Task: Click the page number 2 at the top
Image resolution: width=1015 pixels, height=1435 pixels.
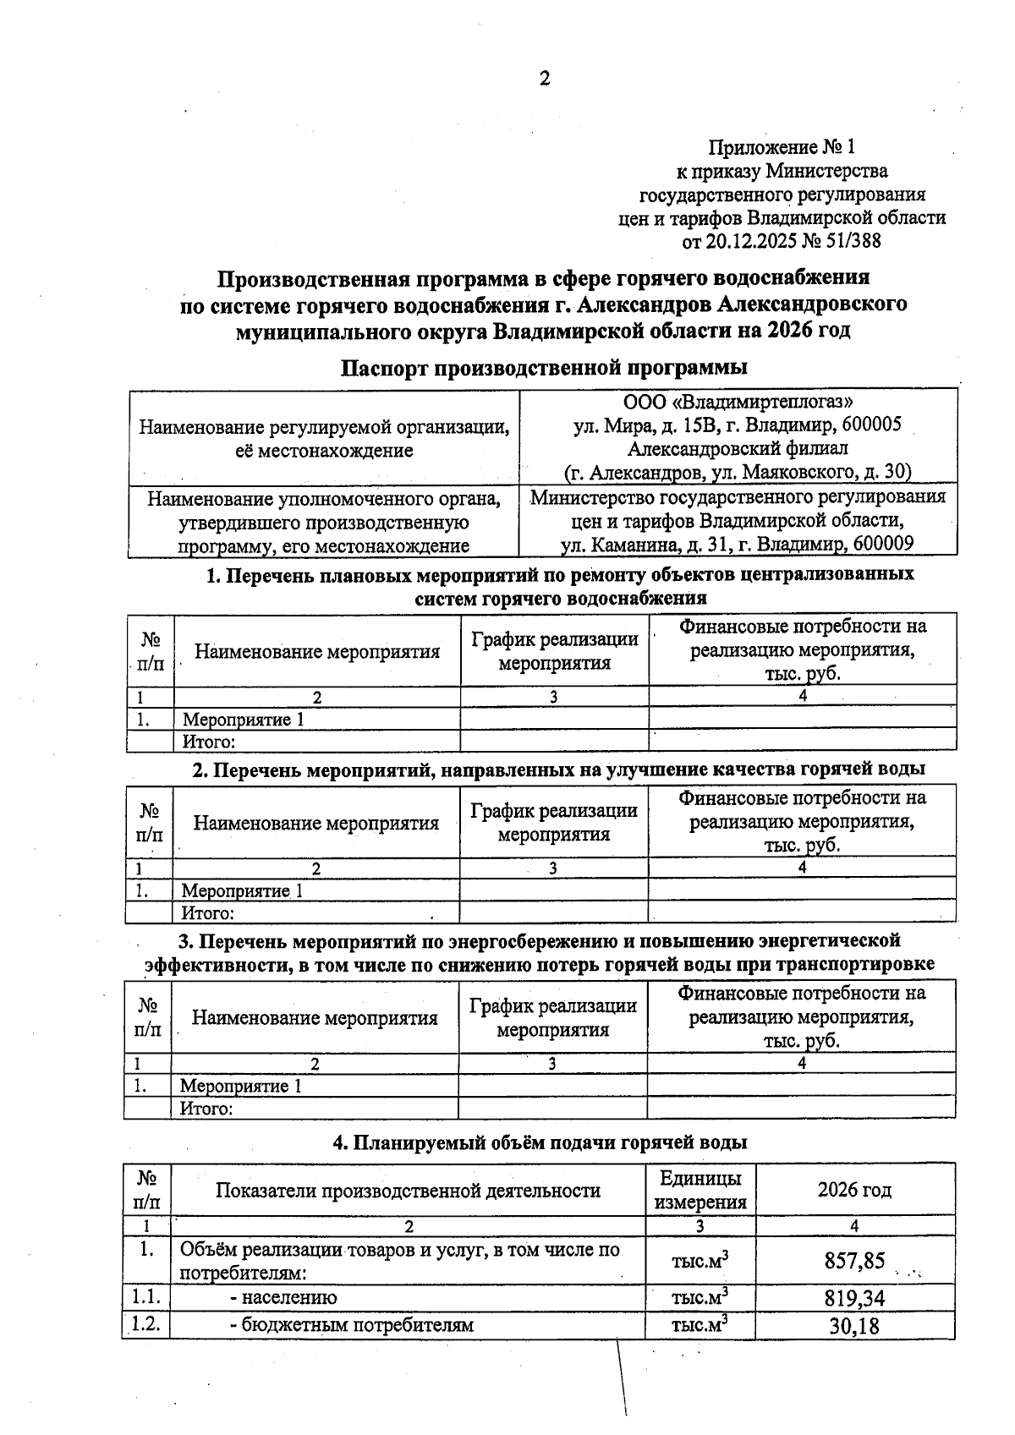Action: click(544, 79)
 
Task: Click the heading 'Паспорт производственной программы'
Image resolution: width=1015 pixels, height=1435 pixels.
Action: click(544, 368)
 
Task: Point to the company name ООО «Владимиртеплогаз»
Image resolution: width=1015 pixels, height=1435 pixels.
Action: click(738, 401)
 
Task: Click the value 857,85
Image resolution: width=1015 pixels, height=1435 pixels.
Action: click(854, 1262)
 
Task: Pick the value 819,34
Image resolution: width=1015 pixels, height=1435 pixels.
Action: click(854, 1298)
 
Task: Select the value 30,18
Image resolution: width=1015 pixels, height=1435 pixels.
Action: click(854, 1326)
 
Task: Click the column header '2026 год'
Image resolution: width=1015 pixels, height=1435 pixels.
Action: click(854, 1191)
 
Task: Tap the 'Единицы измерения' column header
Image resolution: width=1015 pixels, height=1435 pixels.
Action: click(700, 1191)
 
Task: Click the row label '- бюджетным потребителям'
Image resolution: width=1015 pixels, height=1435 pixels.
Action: click(351, 1325)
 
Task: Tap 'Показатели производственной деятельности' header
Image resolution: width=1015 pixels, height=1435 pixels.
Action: click(408, 1191)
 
